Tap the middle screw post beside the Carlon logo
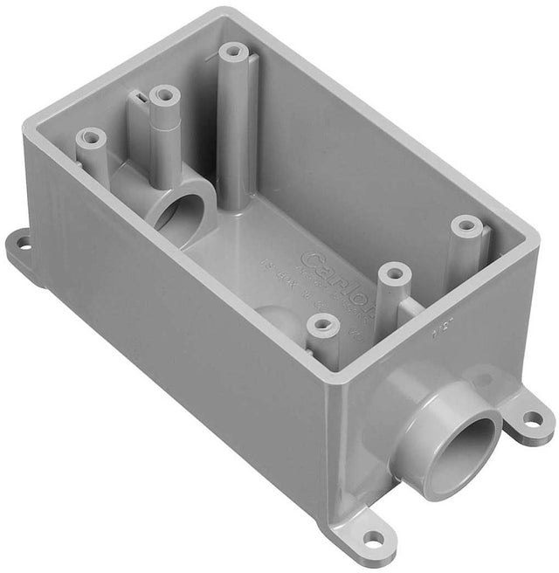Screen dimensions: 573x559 pos(394,274)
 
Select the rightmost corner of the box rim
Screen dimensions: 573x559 pos(535,243)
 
